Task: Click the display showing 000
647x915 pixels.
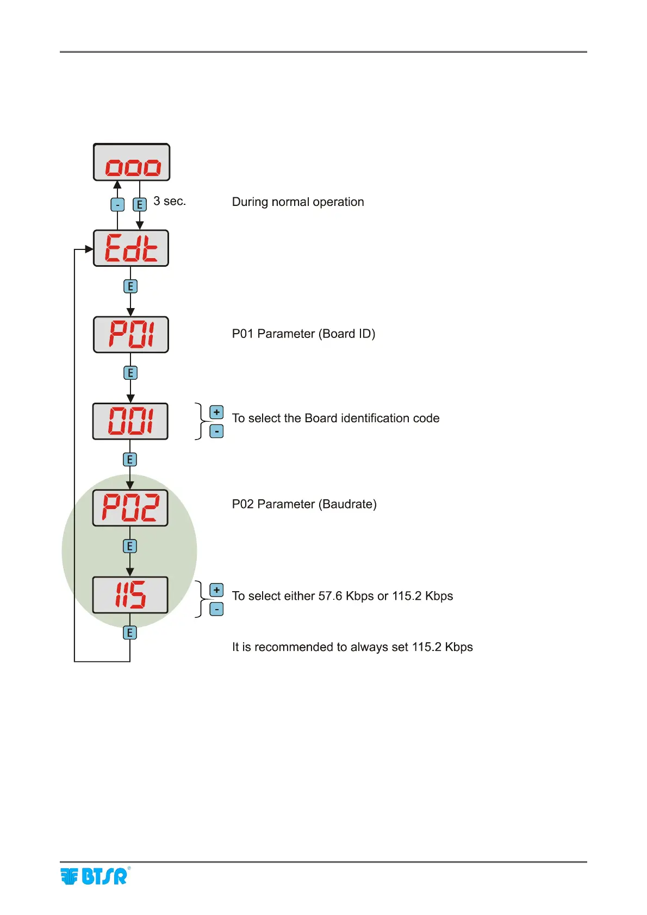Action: click(x=132, y=162)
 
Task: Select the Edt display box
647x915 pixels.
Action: click(x=131, y=248)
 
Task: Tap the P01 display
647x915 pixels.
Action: click(x=131, y=335)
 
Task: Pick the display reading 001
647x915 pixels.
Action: click(x=130, y=421)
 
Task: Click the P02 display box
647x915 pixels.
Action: click(x=130, y=507)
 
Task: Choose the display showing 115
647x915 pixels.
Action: click(x=130, y=594)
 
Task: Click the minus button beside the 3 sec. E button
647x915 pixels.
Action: click(x=117, y=205)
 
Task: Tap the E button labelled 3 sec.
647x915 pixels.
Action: click(x=140, y=205)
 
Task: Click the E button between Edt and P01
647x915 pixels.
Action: click(x=130, y=286)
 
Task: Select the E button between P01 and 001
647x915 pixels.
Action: click(x=130, y=373)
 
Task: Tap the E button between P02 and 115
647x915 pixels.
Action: click(x=130, y=546)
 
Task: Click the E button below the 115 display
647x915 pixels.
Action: click(x=130, y=632)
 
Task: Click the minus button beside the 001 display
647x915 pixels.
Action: click(x=216, y=431)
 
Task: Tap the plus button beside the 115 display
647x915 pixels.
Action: click(x=216, y=590)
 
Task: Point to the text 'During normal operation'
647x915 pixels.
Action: click(x=298, y=202)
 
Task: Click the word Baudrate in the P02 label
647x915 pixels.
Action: click(x=347, y=504)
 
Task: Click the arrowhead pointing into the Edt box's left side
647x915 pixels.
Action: click(x=89, y=249)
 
